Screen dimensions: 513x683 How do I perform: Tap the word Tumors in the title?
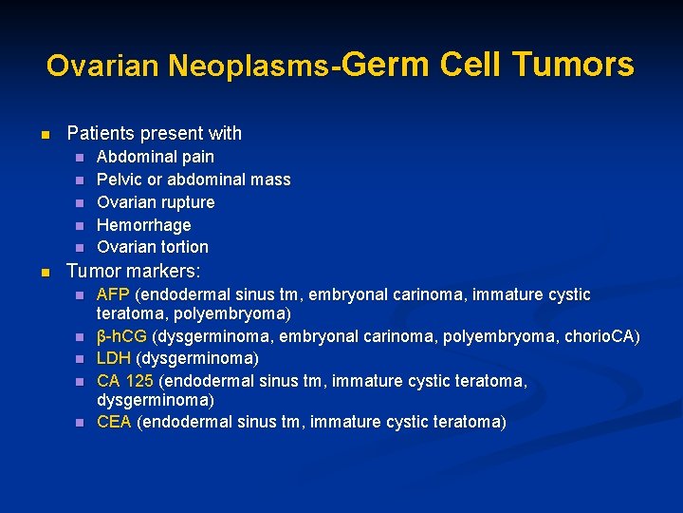[x=573, y=64]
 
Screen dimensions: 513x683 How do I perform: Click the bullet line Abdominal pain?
[x=156, y=157]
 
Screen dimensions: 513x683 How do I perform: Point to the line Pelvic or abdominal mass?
[x=194, y=180]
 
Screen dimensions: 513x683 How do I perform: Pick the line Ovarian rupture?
[x=156, y=202]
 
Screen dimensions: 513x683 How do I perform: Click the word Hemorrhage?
[x=144, y=225]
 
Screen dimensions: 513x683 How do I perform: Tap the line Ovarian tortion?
[x=153, y=247]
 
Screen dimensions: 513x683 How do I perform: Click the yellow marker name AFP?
[x=114, y=295]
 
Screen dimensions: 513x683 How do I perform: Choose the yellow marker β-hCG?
[x=122, y=337]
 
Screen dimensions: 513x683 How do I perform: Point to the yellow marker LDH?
[x=115, y=359]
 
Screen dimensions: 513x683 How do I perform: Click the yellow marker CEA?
[x=115, y=422]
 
